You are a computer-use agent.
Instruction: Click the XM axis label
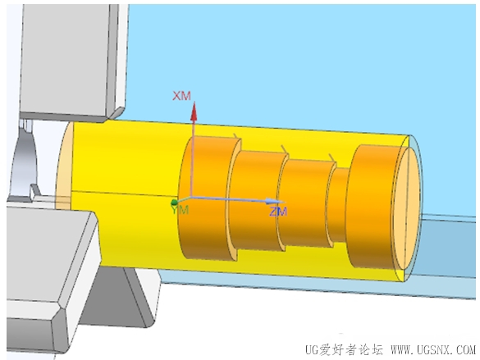(181, 96)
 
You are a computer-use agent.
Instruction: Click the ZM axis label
(278, 212)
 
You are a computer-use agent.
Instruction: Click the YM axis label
(180, 210)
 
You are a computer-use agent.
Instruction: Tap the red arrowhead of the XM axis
(194, 112)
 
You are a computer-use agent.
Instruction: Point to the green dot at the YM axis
(174, 202)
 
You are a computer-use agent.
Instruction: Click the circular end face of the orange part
(407, 208)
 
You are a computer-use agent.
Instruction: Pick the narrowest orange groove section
(339, 204)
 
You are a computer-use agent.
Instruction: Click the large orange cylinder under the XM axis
(208, 198)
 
